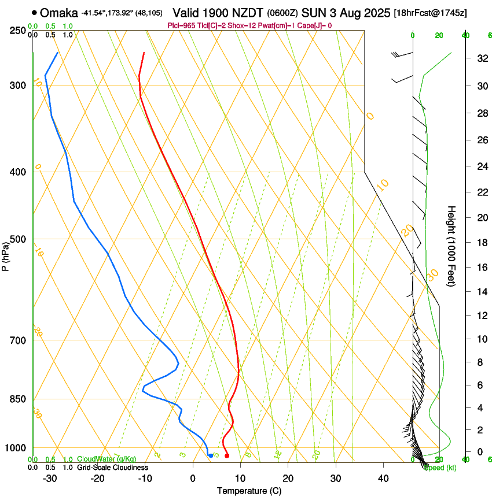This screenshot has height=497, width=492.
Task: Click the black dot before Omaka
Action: pos(35,12)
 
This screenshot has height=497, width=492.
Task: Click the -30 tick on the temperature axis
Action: pos(50,478)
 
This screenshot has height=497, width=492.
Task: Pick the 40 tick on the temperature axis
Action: pos(383,478)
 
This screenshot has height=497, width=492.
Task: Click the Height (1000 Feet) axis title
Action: pos(452,246)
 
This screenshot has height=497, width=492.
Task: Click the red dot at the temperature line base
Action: pos(226,455)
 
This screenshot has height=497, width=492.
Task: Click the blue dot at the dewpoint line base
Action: pos(210,455)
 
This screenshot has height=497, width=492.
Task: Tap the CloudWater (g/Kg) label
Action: pos(107,459)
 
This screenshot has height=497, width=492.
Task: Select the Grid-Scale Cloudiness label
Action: pos(112,467)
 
